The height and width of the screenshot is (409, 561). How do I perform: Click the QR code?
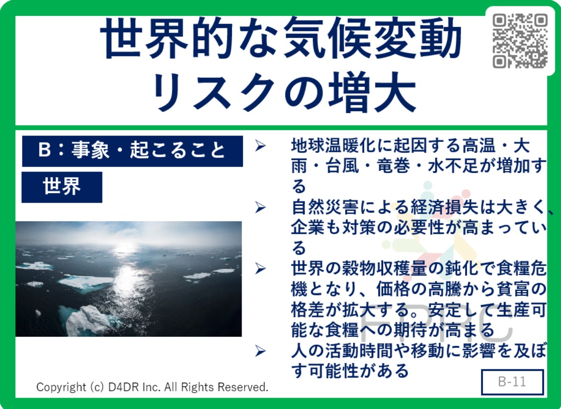point(520,40)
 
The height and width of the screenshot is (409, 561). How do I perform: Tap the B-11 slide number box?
point(513,382)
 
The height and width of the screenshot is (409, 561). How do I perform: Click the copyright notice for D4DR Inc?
point(152,387)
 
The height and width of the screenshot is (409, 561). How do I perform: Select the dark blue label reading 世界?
point(62,187)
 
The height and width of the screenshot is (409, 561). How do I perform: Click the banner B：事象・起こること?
point(132,151)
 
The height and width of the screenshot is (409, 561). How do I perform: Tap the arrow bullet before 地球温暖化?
point(260,146)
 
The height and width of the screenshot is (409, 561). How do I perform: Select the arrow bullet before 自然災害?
point(260,207)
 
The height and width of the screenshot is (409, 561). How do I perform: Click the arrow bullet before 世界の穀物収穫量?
point(260,269)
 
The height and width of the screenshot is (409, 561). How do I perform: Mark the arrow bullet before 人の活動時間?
point(260,351)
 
